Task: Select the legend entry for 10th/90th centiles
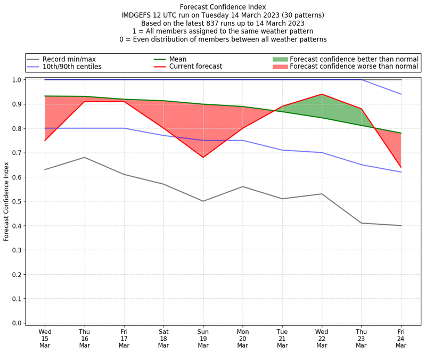[x=72, y=67]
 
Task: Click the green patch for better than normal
[x=280, y=59]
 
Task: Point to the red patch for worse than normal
[x=280, y=67]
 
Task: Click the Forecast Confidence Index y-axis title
[x=7, y=201]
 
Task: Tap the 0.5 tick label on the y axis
[x=17, y=201]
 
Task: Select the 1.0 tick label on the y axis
[x=17, y=80]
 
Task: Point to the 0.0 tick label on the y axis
[x=17, y=323]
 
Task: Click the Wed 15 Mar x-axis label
[x=45, y=338]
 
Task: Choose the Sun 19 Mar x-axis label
[x=203, y=338]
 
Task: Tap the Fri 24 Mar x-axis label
[x=400, y=338]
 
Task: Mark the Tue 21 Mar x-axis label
[x=282, y=338]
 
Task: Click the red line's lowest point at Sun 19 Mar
[x=203, y=157]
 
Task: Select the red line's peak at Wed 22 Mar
[x=322, y=94]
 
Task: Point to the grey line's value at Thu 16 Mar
[x=84, y=157]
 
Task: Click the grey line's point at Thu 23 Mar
[x=361, y=223]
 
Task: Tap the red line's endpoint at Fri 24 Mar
[x=400, y=167]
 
